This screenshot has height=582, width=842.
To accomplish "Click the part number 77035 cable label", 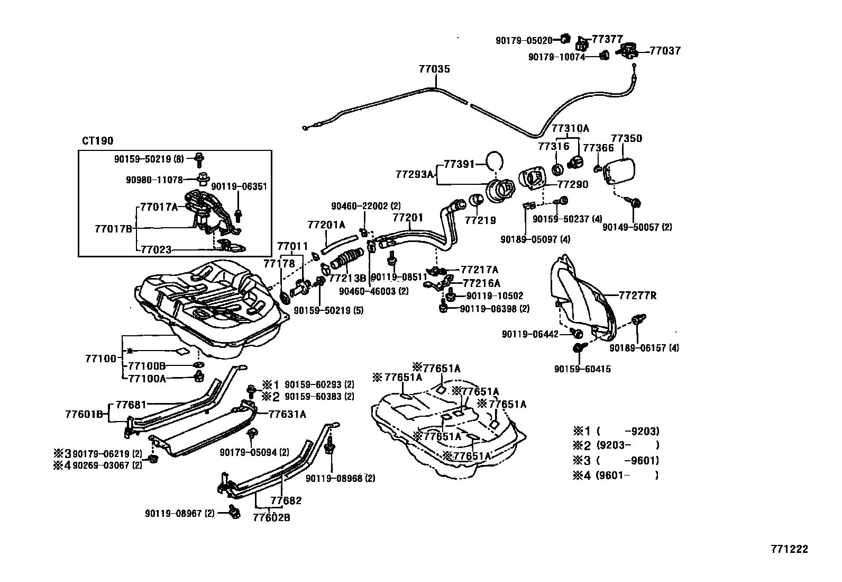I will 434,69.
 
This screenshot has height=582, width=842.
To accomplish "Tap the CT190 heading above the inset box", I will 97,141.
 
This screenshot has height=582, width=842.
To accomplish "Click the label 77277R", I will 637,296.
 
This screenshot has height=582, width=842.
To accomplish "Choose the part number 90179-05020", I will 524,40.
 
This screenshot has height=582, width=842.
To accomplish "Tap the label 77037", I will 665,51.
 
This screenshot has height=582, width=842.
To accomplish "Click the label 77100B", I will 147,366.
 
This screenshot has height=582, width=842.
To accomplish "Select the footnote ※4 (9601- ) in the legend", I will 616,475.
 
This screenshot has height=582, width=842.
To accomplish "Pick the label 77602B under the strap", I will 271,517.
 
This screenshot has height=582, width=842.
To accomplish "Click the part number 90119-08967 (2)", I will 180,513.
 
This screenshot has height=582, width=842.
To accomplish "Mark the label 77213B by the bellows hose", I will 347,277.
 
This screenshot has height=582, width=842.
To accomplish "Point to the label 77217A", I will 479,270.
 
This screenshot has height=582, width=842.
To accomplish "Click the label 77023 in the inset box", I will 156,249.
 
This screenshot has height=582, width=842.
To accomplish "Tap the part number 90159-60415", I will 582,369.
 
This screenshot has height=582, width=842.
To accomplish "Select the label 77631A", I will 287,414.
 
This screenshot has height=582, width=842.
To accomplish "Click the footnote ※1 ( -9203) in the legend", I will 616,431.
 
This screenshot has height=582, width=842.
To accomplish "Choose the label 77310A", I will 570,128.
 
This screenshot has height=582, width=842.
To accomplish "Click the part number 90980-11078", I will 154,180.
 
